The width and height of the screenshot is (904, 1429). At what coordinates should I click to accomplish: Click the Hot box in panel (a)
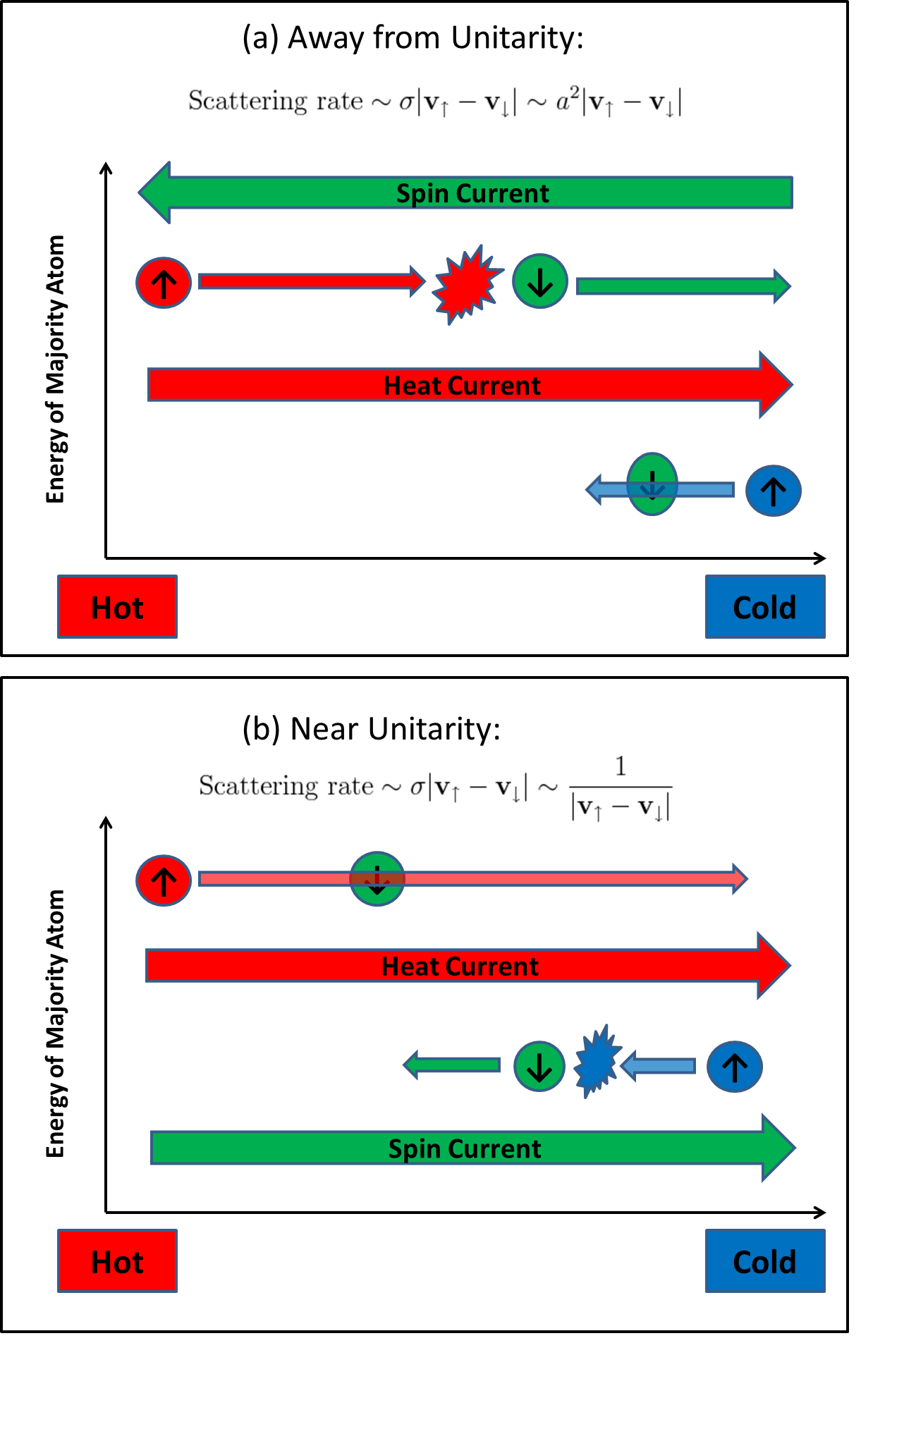click(117, 607)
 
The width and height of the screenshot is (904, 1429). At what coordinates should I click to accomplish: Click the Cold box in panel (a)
click(765, 607)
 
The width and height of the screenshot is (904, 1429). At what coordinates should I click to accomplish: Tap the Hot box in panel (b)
click(117, 1261)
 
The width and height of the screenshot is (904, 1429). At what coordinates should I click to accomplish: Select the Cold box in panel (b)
click(765, 1261)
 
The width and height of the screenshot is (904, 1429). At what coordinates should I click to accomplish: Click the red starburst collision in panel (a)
click(465, 284)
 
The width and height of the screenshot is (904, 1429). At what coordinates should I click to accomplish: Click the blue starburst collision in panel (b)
click(597, 1062)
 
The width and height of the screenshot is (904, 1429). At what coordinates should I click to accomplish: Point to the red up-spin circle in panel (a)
click(164, 283)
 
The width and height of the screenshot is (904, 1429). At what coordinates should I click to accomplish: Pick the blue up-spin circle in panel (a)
click(774, 491)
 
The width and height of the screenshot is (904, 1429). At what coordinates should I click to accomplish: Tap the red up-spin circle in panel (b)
click(164, 881)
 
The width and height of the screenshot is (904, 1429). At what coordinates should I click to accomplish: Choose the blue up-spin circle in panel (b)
click(735, 1067)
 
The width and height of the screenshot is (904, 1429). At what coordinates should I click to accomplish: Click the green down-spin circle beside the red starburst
click(540, 282)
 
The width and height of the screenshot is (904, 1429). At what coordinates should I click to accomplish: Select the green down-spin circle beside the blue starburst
click(539, 1067)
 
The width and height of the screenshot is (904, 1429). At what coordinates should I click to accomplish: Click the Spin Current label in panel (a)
click(472, 193)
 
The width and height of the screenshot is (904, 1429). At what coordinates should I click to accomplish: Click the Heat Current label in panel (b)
click(460, 966)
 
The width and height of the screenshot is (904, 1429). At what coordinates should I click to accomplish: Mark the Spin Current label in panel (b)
click(465, 1148)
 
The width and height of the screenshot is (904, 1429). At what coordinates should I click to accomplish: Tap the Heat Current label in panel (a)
click(462, 386)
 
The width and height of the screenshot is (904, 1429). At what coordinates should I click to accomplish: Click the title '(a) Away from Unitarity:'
click(413, 37)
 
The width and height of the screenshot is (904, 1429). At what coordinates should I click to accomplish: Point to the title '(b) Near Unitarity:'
click(371, 728)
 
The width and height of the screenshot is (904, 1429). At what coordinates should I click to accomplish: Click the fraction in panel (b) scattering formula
click(621, 787)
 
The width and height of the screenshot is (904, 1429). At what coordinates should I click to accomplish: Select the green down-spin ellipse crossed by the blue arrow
click(652, 484)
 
